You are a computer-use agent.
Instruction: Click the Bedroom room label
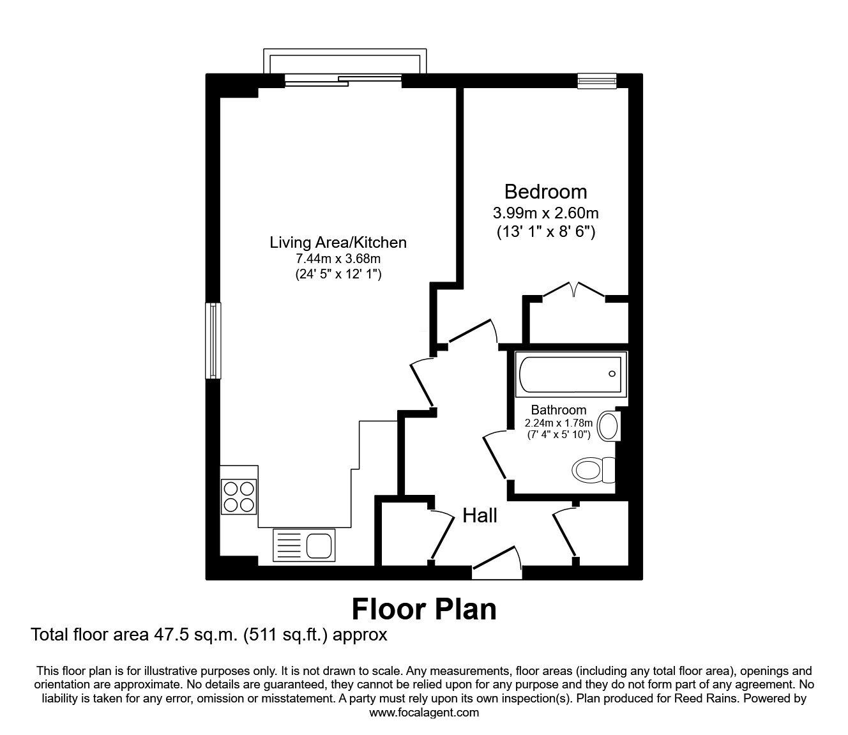[545, 192]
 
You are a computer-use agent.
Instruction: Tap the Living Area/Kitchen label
[338, 243]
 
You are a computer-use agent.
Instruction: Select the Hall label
[480, 515]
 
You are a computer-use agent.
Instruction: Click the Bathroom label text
[558, 410]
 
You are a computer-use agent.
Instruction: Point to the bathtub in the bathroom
[570, 375]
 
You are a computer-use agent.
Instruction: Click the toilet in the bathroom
[591, 470]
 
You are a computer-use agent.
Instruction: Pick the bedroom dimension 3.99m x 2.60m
[545, 213]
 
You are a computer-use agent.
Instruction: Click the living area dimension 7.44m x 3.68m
[338, 259]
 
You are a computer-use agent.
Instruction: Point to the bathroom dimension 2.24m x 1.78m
[558, 423]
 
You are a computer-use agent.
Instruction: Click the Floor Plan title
[424, 609]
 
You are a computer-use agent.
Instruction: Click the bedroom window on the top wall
[597, 80]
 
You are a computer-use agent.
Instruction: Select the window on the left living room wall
[213, 341]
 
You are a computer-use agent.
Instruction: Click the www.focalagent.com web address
[424, 713]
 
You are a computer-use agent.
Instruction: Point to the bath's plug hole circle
[612, 375]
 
